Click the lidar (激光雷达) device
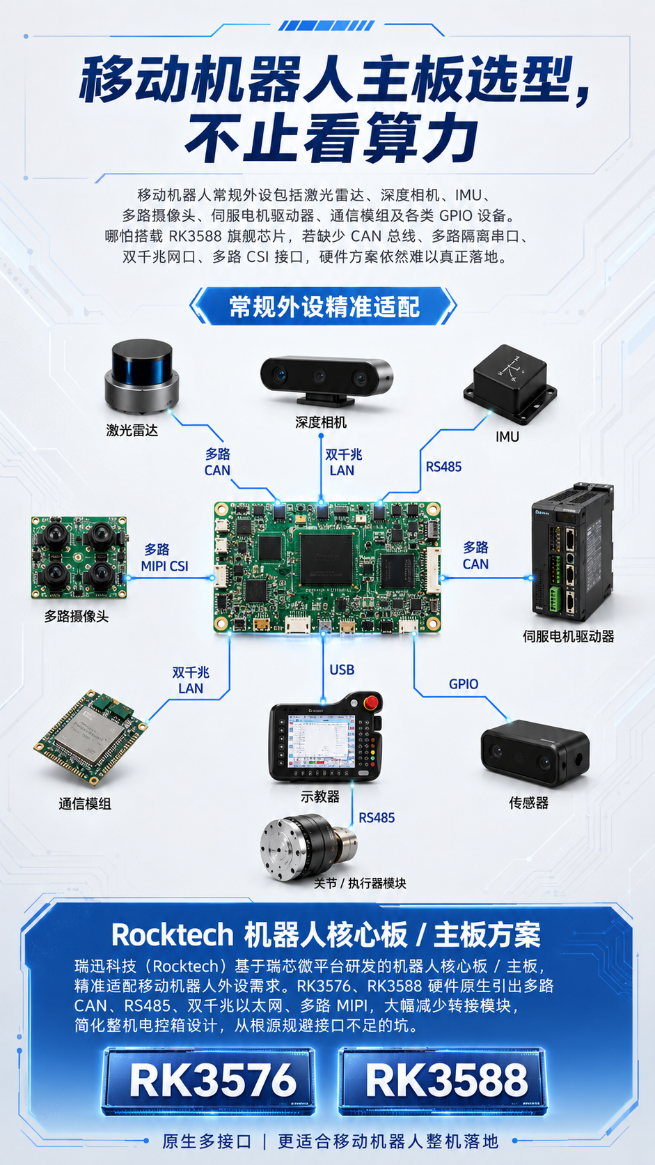click(142, 377)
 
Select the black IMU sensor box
click(510, 385)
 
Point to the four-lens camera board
click(79, 557)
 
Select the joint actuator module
click(308, 847)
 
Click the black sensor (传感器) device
click(535, 753)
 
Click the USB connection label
click(342, 670)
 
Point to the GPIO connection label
click(464, 684)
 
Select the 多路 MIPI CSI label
click(164, 557)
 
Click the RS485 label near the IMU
click(443, 467)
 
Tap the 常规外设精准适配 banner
click(323, 307)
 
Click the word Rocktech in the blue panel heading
click(173, 934)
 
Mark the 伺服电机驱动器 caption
click(568, 636)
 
